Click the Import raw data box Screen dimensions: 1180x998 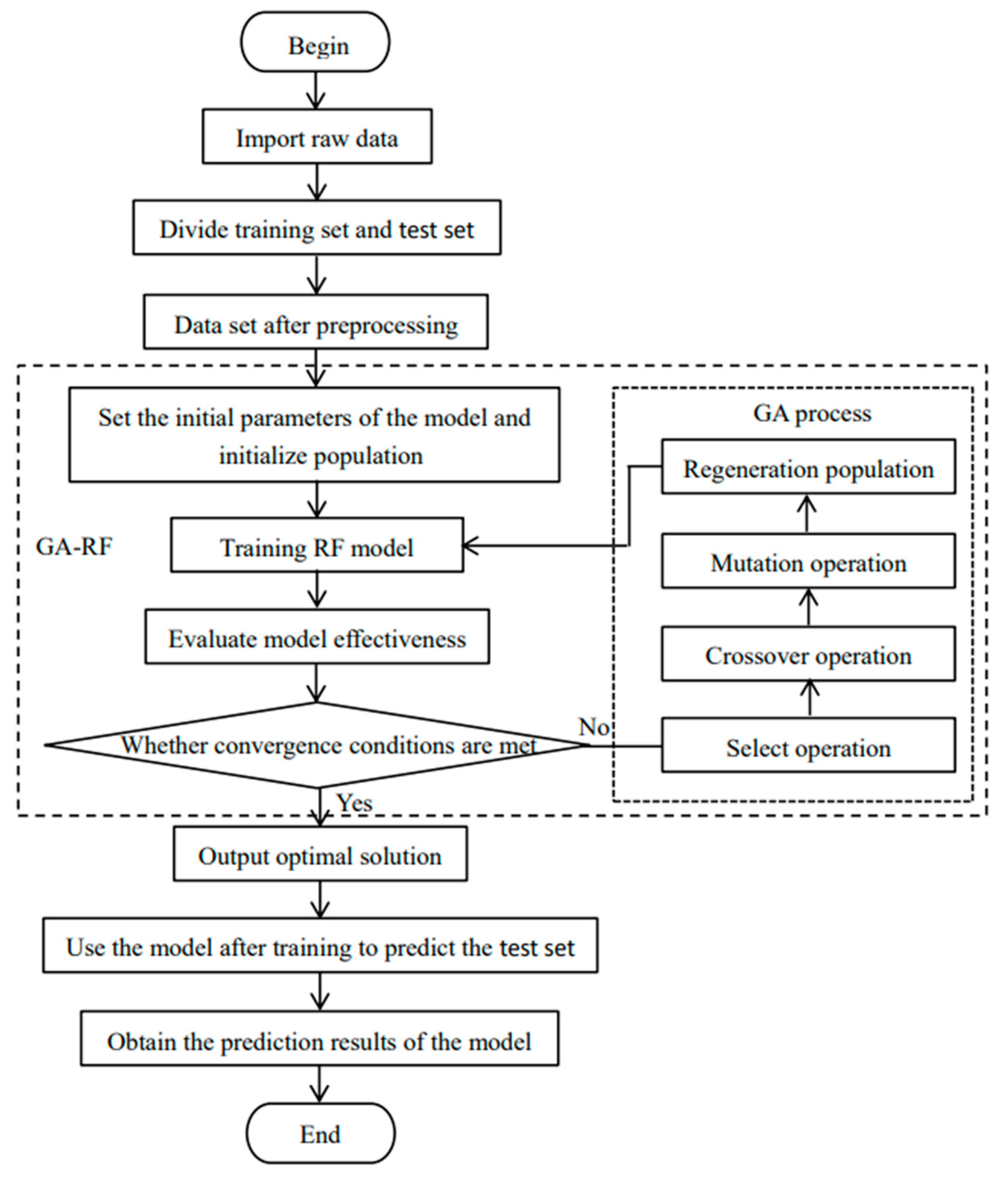(x=317, y=137)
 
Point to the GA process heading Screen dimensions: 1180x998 (x=812, y=414)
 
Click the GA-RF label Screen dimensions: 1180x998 (x=73, y=547)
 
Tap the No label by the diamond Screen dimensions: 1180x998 (x=593, y=727)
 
